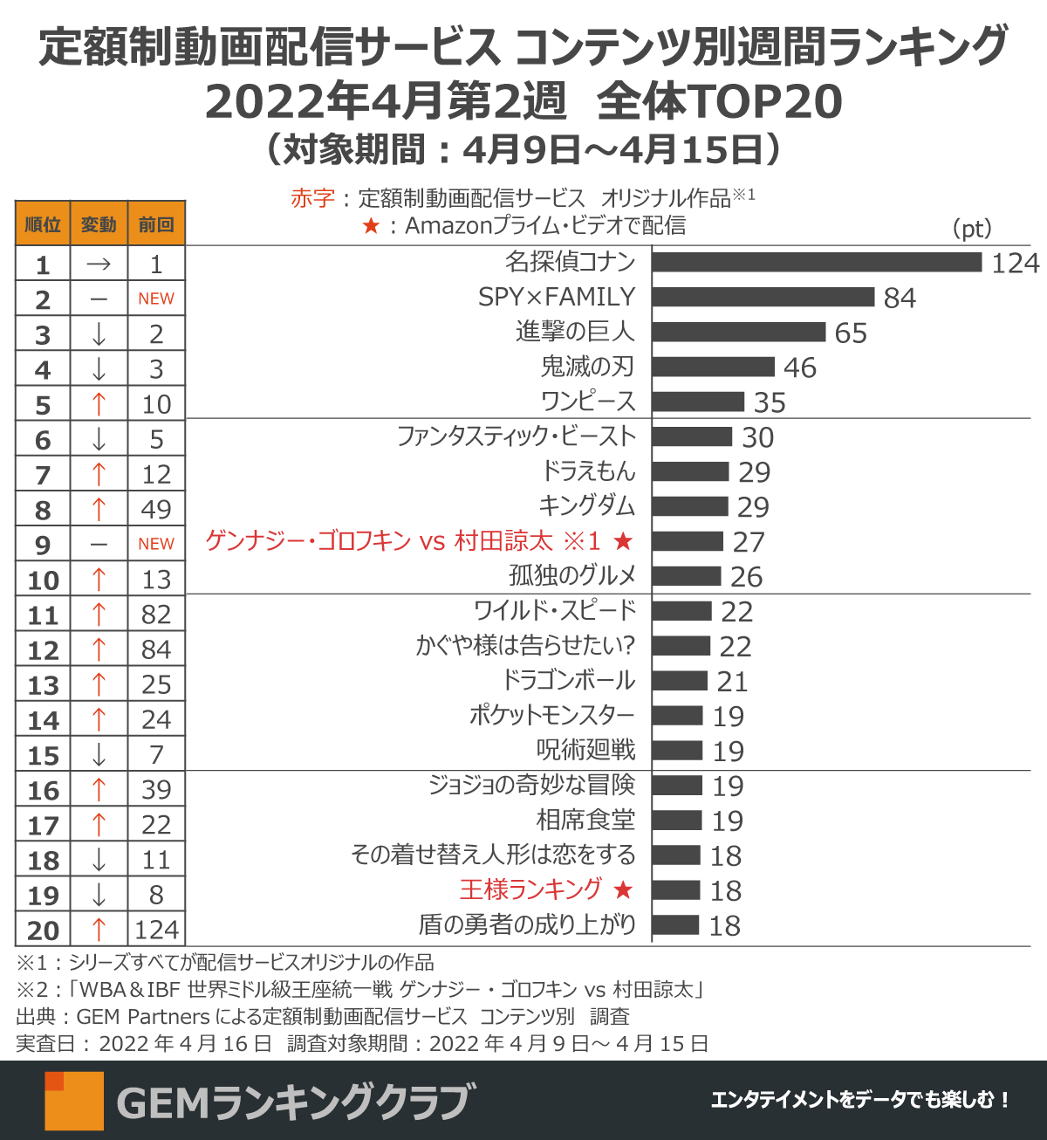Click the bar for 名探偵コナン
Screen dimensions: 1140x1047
817,262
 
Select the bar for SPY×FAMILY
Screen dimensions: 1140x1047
763,297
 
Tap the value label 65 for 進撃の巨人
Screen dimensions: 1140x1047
851,333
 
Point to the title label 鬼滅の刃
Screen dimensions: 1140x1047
587,367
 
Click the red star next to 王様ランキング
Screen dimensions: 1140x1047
623,890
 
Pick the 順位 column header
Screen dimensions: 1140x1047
43,224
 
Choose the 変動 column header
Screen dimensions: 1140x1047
99,224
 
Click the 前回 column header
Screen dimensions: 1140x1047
156,224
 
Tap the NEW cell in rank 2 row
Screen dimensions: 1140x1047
156,299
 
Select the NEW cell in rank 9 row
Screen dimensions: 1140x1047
156,544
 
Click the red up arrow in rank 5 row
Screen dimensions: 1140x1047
99,404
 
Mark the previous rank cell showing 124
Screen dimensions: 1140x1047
156,930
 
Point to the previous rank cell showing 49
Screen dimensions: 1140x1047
156,510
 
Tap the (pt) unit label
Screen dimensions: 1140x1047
972,229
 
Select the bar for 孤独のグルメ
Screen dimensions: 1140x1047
687,576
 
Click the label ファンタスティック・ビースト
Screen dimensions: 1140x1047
516,436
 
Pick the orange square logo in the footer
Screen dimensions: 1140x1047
74,1101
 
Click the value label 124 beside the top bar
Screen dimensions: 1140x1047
1016,263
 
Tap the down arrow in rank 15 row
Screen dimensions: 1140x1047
99,755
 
